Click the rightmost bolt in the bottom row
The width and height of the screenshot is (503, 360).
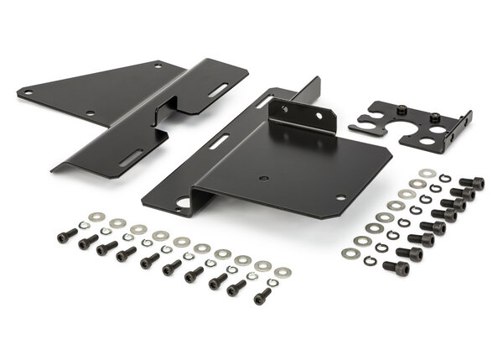coord(262,295)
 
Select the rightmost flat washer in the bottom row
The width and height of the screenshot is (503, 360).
coord(283,272)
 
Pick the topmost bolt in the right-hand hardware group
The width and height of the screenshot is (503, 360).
coord(472,182)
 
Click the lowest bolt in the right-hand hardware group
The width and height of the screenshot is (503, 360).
coord(396,268)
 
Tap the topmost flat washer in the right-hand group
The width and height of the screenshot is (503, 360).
coord(427,174)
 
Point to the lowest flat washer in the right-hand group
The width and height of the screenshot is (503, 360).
coord(350,251)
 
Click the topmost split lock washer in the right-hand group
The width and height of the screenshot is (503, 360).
coord(445,179)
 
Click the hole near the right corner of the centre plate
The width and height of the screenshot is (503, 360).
coord(340,198)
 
